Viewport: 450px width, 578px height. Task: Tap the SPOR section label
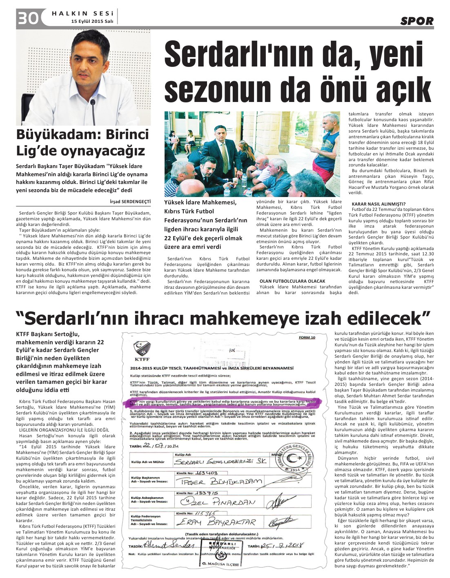(x=417, y=21)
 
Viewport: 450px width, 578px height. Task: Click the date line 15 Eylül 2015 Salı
(x=92, y=21)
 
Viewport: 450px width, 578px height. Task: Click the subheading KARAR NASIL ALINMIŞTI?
(x=379, y=204)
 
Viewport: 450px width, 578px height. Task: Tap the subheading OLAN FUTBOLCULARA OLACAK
(x=292, y=281)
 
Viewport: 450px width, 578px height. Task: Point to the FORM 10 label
(x=307, y=337)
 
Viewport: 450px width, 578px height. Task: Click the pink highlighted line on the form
(x=223, y=402)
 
